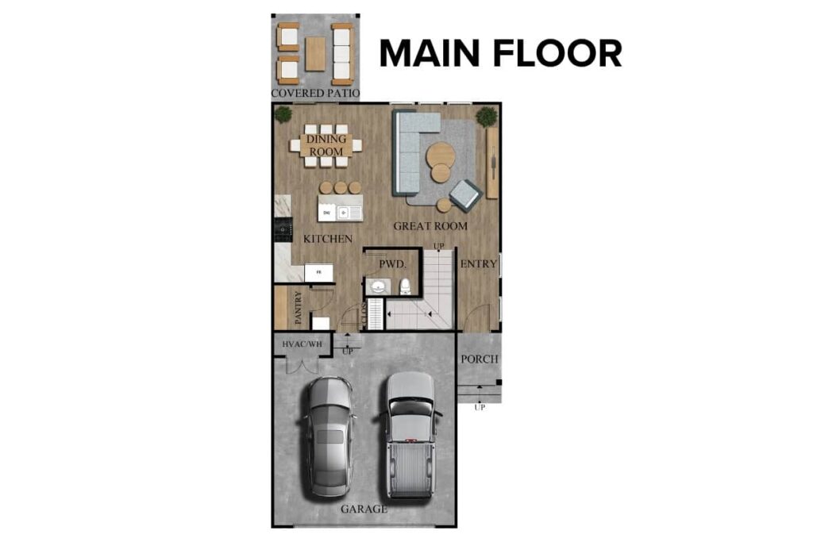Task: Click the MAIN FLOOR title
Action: click(x=500, y=53)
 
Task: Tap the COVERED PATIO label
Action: click(x=315, y=94)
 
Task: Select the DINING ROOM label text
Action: click(x=326, y=145)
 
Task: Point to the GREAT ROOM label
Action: click(x=430, y=226)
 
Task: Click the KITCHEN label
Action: click(x=328, y=238)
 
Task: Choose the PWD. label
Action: click(x=393, y=263)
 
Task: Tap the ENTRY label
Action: click(x=479, y=263)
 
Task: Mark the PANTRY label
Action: click(x=299, y=308)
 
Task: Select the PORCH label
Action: click(x=480, y=359)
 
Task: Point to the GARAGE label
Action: click(x=364, y=509)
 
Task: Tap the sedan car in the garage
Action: click(x=329, y=435)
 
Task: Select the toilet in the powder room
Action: click(x=404, y=286)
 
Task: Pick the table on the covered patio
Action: click(x=316, y=54)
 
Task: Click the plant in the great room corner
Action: click(x=486, y=117)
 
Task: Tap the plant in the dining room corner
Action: click(x=283, y=114)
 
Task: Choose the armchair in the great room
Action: click(x=465, y=194)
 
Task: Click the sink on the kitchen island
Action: click(x=347, y=213)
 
